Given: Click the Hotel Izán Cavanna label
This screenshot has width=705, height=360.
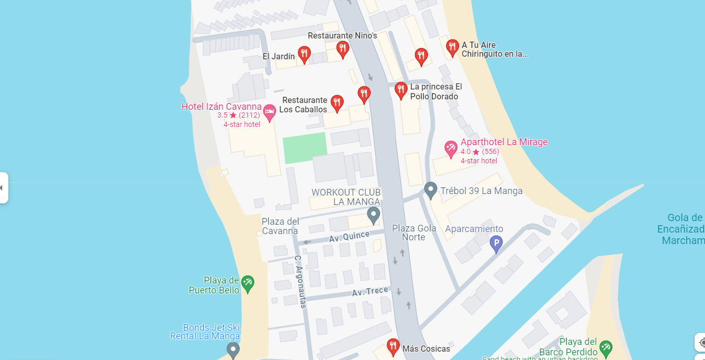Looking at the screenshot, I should (221, 107).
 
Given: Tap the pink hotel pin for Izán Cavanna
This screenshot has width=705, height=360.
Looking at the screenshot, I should (269, 112).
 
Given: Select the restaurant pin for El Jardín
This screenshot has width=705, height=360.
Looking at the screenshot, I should (304, 54).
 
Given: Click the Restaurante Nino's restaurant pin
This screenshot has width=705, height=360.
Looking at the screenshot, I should (342, 49).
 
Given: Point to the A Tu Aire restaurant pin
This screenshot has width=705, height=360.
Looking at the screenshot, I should (452, 48).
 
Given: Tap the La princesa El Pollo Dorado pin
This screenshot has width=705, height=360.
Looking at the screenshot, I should (400, 90).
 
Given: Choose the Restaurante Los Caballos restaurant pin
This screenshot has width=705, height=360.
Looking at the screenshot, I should (337, 103).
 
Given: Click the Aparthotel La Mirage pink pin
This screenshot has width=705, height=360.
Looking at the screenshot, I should (451, 149).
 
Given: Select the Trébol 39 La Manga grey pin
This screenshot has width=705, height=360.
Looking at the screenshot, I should (430, 190).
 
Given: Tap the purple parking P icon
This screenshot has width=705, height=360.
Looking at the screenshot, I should (497, 243).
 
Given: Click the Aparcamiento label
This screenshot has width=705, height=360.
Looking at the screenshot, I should (474, 229).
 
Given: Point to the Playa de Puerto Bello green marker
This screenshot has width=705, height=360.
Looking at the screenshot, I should (248, 284).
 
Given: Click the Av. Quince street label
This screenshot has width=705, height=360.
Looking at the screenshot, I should (349, 237).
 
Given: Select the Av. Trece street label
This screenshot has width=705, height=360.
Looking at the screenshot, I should (370, 292).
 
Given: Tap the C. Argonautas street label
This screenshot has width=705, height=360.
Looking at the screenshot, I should (300, 281).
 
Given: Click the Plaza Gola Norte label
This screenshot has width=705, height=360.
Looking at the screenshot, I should (414, 233).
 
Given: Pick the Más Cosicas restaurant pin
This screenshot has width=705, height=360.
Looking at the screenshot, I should (393, 346).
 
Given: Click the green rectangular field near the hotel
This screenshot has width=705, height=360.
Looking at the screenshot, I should (305, 147).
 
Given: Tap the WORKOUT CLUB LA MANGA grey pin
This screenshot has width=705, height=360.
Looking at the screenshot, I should (373, 215).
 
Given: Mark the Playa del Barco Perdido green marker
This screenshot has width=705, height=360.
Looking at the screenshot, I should (605, 347).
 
